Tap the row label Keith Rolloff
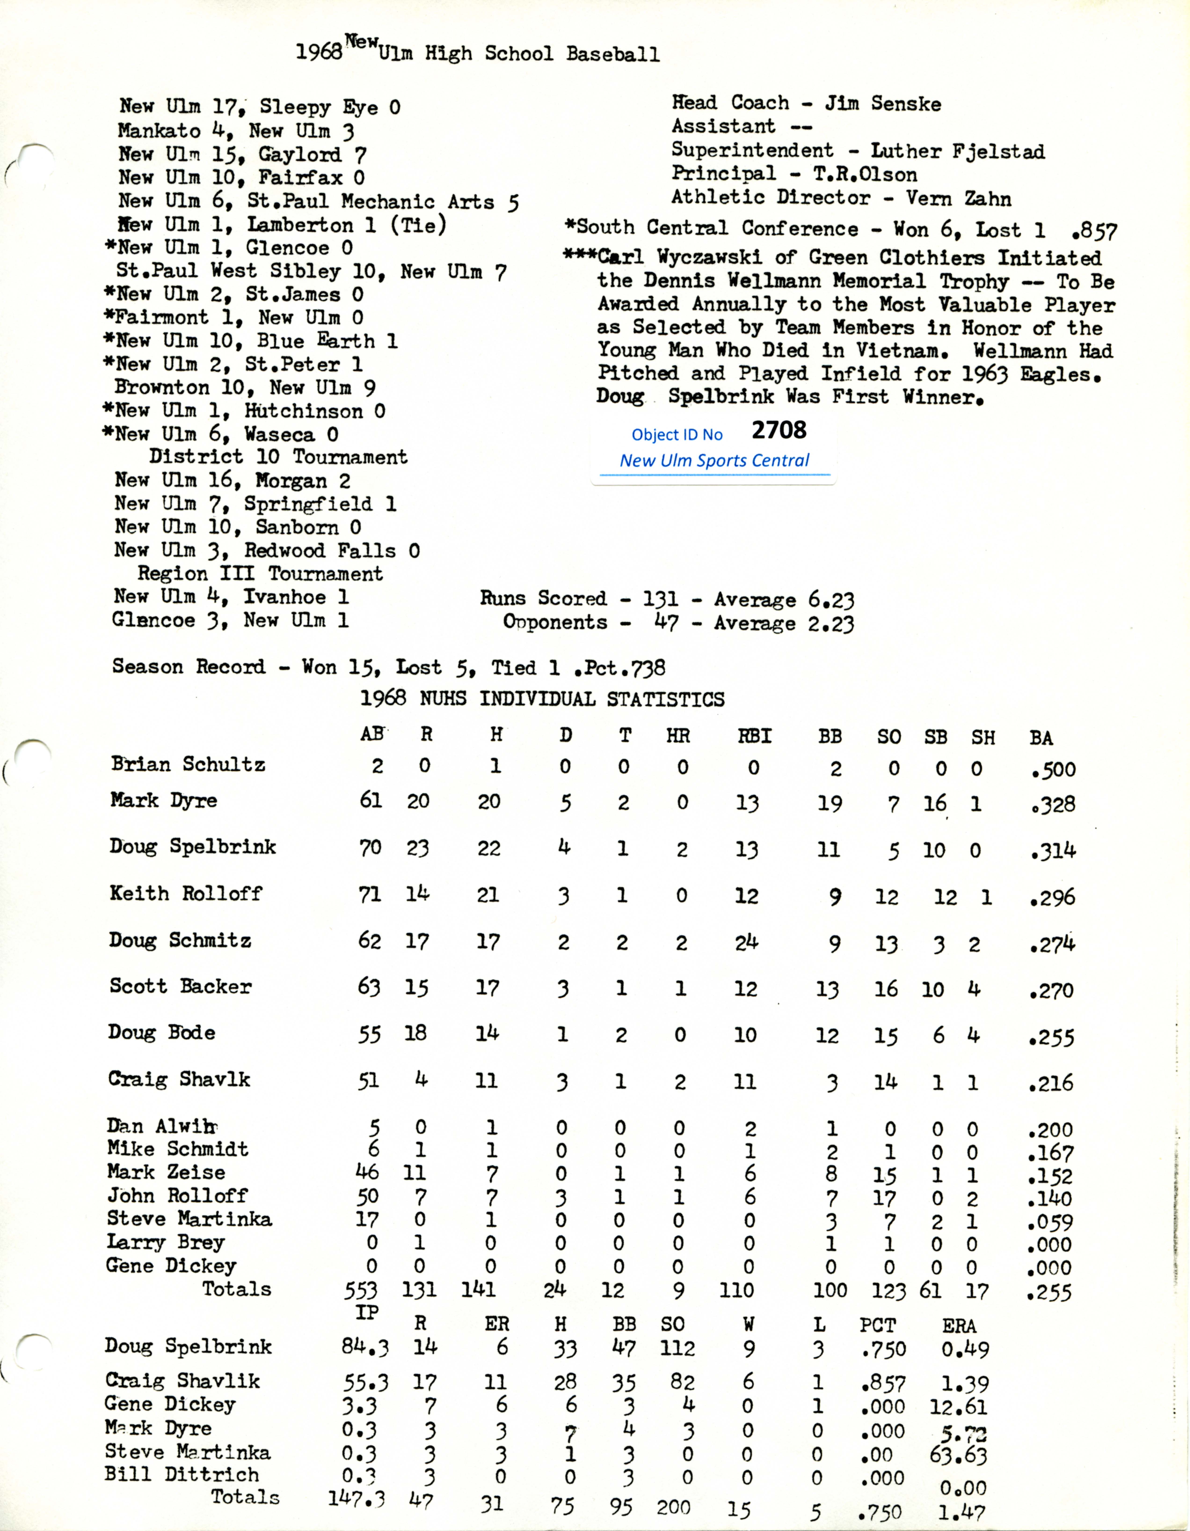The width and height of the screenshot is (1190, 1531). [x=186, y=894]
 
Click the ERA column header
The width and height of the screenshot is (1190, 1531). [x=959, y=1326]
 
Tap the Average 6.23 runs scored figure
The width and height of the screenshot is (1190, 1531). [x=783, y=600]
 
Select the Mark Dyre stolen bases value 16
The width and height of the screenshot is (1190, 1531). [x=934, y=803]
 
